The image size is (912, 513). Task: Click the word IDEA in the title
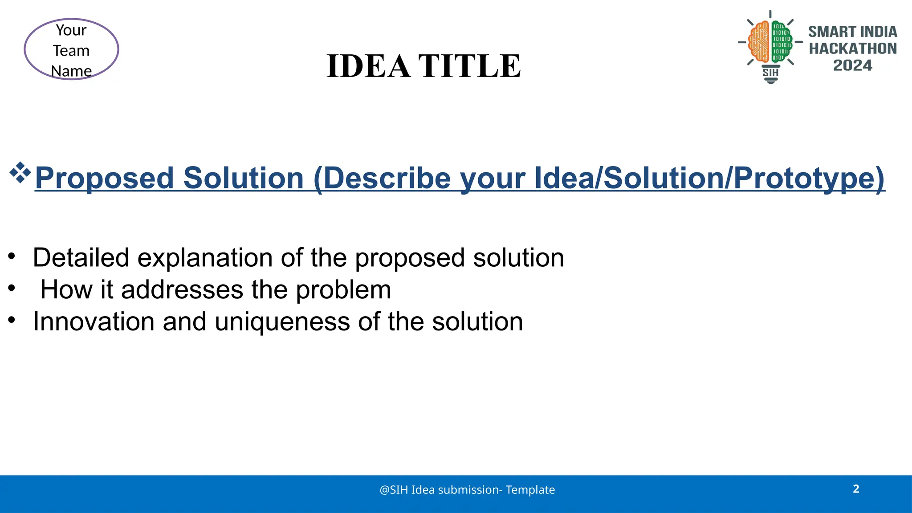pos(368,66)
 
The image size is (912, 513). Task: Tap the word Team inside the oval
pos(71,51)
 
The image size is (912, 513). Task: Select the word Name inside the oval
pos(71,71)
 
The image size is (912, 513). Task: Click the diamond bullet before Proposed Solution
pos(20,173)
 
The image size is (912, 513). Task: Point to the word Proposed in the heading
pos(104,178)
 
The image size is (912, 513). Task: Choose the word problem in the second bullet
pos(343,290)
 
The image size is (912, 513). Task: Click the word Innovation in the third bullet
pos(94,322)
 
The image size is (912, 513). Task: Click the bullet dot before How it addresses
pos(12,288)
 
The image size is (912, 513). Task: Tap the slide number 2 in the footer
pos(856,489)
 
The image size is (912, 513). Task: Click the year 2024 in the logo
pos(852,65)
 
